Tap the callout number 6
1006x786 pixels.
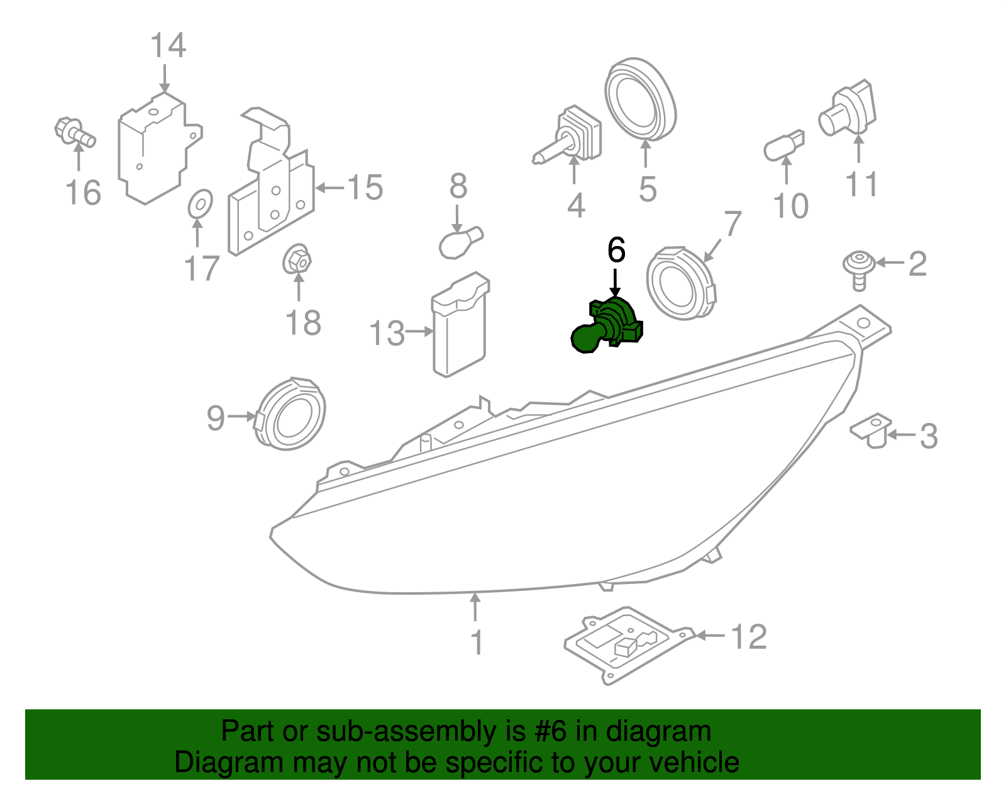[616, 250]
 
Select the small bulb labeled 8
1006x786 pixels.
[461, 243]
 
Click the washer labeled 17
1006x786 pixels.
[201, 203]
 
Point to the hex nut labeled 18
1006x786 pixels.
[297, 259]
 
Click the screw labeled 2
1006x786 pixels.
[859, 267]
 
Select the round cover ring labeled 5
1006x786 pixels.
[639, 101]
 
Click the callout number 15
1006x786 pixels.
[365, 188]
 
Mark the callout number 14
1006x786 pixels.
[168, 46]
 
